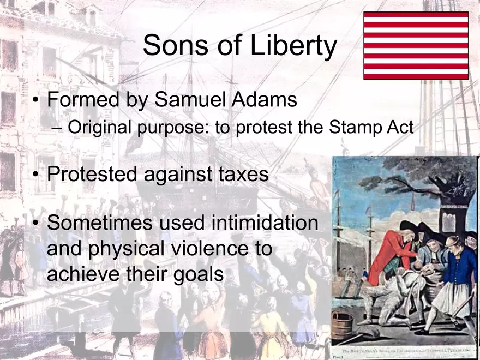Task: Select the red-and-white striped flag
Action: tap(416, 46)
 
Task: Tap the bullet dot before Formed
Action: tap(35, 101)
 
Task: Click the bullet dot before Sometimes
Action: tap(35, 224)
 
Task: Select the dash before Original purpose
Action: tap(59, 129)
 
